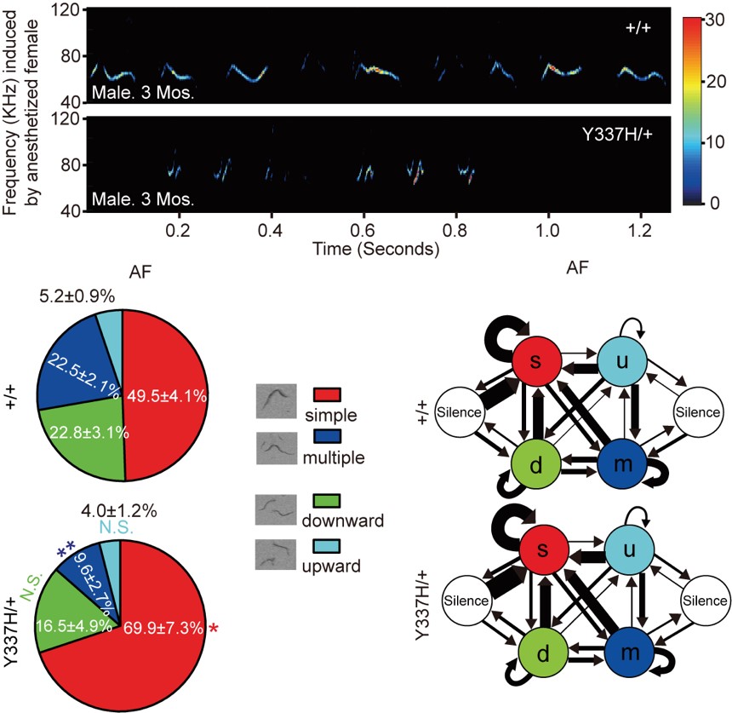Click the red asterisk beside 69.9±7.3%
tap(214, 629)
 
